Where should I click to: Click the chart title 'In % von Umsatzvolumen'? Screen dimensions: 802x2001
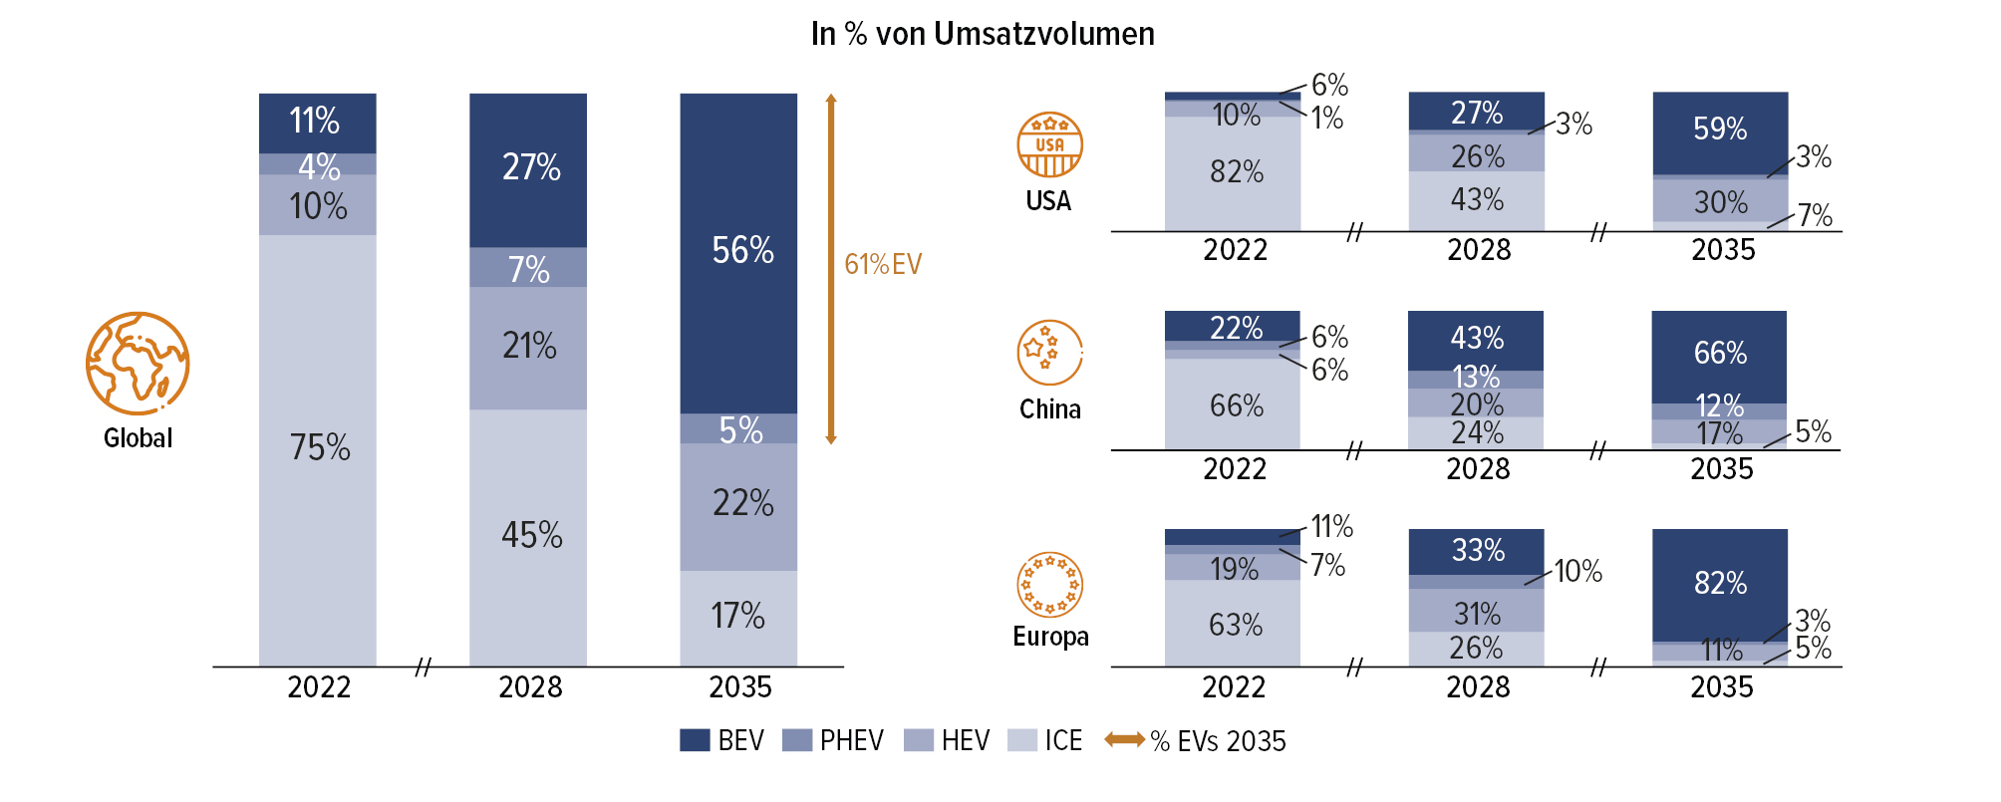click(983, 34)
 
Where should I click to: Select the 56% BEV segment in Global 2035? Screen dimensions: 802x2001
click(738, 252)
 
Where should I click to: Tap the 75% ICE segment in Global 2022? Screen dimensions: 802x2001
click(318, 448)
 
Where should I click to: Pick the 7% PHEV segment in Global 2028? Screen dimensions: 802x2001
click(528, 268)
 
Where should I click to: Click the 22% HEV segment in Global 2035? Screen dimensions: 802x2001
click(738, 505)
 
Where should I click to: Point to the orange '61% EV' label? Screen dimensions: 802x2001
click(883, 264)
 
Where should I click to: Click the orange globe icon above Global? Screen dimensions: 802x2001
click(138, 364)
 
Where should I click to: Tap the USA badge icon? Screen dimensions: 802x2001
click(1049, 145)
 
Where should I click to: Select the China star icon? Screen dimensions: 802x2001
click(1049, 353)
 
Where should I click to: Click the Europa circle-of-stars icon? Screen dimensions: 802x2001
click(1049, 585)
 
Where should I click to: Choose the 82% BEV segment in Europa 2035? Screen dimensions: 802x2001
click(1720, 584)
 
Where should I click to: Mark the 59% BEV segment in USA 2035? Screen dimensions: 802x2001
click(1720, 130)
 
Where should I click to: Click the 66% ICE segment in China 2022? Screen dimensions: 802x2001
click(1234, 405)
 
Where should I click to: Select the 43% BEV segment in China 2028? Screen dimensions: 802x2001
click(1476, 339)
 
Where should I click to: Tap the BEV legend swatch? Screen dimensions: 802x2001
click(695, 740)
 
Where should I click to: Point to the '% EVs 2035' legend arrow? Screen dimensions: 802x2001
click(1125, 739)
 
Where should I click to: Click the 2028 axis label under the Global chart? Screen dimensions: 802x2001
click(529, 687)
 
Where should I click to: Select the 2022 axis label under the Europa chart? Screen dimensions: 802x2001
click(1234, 687)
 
